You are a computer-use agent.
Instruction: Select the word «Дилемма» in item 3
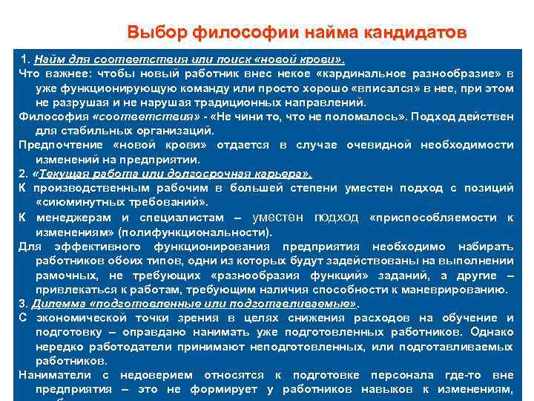tap(57, 303)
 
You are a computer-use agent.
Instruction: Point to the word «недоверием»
tap(154, 375)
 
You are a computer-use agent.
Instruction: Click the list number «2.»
tap(24, 174)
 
